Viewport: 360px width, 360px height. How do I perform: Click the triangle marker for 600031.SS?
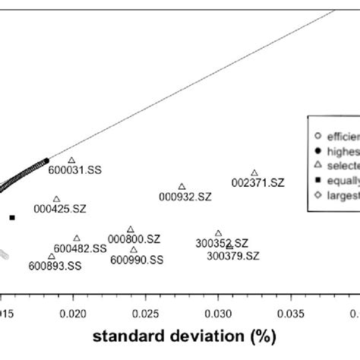coord(71,160)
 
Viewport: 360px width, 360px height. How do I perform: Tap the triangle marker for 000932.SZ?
coord(182,186)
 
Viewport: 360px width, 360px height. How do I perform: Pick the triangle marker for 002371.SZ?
coord(254,173)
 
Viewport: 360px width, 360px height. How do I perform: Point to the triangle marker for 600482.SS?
coord(77,238)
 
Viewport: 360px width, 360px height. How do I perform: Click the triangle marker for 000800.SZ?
coord(131,229)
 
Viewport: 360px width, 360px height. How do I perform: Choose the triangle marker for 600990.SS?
coord(134,250)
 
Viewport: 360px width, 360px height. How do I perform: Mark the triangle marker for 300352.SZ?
coord(219,233)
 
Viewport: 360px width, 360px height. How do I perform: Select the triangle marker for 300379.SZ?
coord(229,247)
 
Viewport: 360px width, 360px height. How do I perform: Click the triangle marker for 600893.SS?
coord(52,256)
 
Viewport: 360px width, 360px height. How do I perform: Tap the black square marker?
coord(12,218)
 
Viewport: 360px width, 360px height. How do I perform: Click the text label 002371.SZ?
coord(258,183)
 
